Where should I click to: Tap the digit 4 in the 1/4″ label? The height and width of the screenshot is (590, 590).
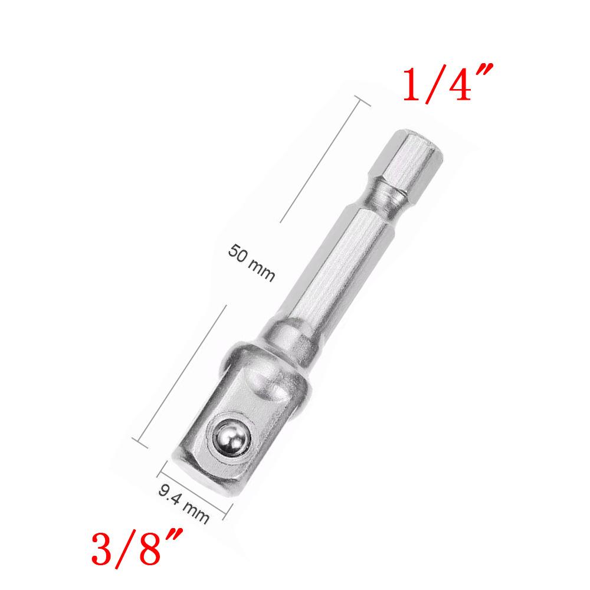pyautogui.click(x=457, y=84)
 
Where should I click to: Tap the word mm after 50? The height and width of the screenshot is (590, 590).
pyautogui.click(x=261, y=271)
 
